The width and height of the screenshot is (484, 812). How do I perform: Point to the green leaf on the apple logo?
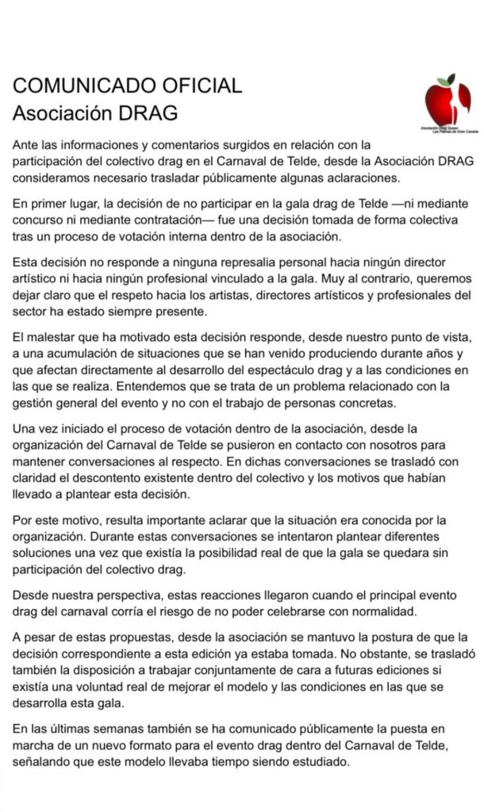click(x=451, y=78)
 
